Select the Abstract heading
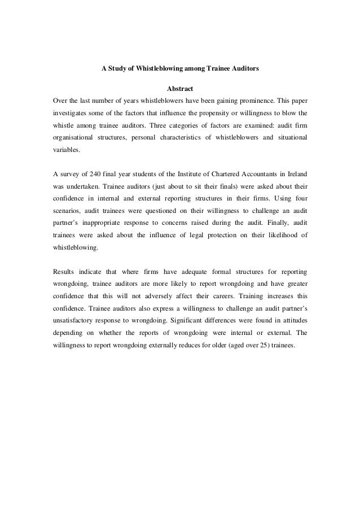point(180,89)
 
